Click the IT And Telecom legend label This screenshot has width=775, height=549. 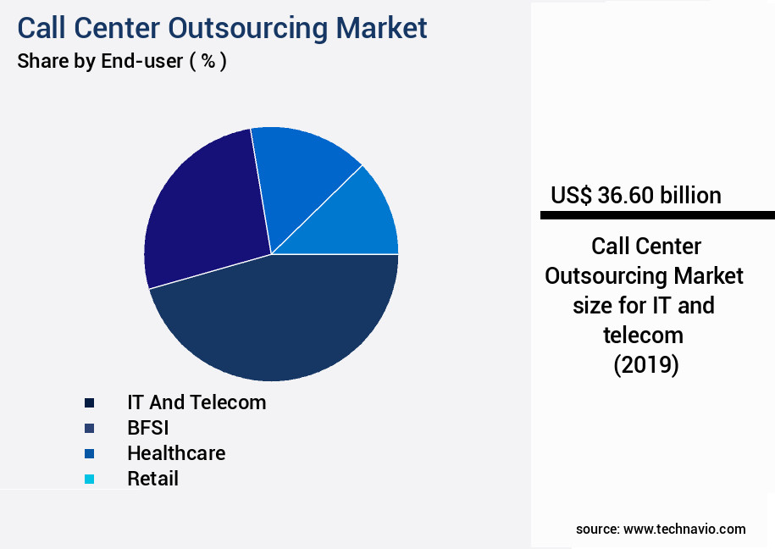197,402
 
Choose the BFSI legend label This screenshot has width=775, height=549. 148,428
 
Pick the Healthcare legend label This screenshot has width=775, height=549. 176,453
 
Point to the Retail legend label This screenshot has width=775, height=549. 152,479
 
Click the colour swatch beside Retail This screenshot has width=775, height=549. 89,480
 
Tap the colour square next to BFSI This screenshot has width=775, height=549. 89,428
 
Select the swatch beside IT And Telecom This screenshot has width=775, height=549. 89,402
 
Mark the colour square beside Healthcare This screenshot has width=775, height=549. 89,453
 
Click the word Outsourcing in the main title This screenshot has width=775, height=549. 247,27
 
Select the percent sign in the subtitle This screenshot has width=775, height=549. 207,62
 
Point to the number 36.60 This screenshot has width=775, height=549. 625,196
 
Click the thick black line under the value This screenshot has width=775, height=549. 657,216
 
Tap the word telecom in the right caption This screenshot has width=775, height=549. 644,335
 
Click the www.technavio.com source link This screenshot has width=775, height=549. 684,530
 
